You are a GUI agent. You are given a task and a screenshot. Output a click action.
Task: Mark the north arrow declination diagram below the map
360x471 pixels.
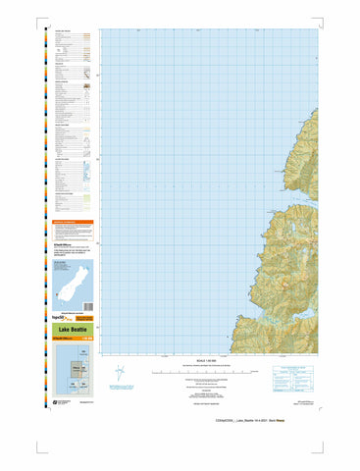[145, 373]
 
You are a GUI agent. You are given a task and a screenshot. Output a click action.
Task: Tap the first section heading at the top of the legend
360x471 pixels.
[64, 31]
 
